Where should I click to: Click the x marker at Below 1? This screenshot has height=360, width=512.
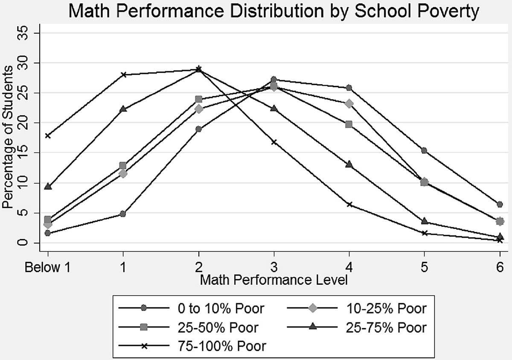coord(48,136)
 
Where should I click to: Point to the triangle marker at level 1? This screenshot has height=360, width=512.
coord(123,109)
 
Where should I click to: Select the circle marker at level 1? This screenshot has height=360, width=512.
coord(123,214)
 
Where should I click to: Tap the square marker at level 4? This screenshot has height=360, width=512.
coord(349,124)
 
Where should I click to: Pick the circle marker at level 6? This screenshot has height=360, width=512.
coord(500,204)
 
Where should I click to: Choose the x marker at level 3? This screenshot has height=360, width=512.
coord(274,142)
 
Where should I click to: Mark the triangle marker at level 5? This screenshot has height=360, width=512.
coord(425,221)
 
